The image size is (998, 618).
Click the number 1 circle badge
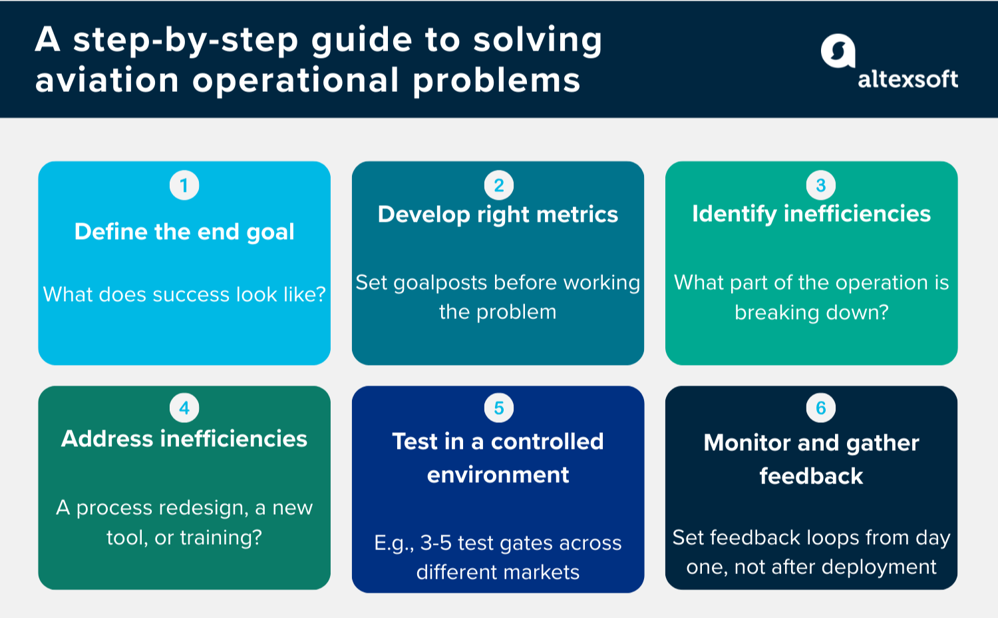[184, 185]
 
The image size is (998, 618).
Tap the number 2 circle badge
[498, 185]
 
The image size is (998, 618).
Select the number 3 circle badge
[820, 185]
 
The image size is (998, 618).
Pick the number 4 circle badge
[184, 408]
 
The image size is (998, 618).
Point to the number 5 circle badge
[498, 408]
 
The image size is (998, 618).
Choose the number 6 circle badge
[820, 408]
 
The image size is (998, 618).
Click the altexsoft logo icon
[838, 51]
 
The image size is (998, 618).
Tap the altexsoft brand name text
[908, 79]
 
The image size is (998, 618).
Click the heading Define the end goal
[184, 232]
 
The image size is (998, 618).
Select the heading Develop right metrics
[498, 214]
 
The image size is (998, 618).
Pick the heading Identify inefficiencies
[811, 214]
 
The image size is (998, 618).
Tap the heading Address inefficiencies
[184, 439]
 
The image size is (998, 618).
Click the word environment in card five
[498, 475]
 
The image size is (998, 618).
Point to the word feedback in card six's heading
[811, 476]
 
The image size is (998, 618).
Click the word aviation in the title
[107, 81]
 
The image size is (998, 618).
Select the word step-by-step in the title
[186, 40]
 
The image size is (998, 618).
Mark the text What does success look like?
[184, 294]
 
